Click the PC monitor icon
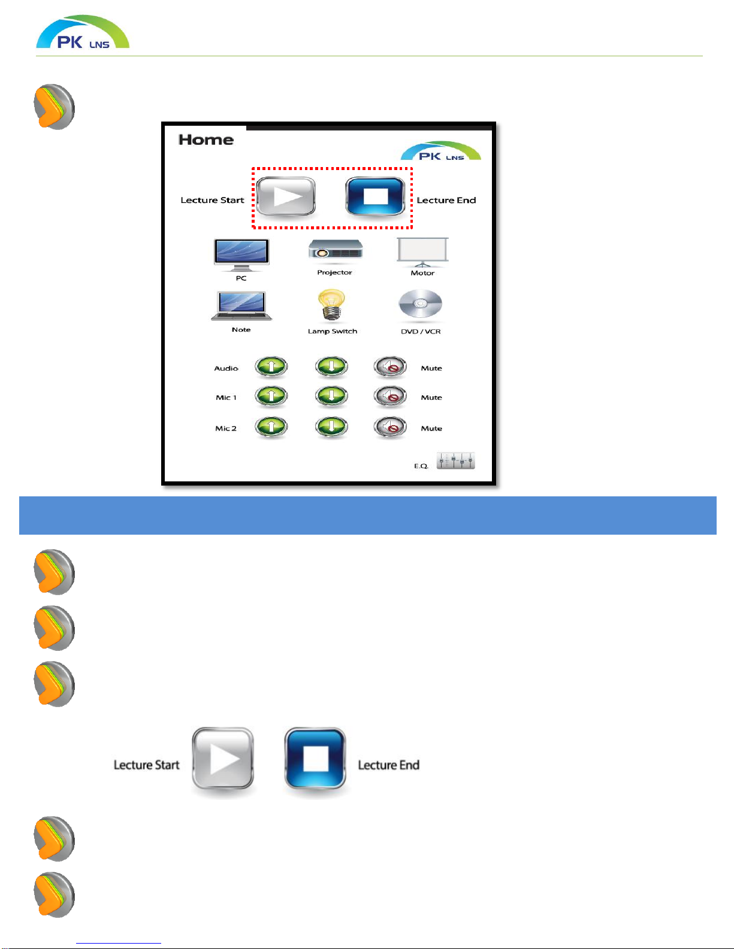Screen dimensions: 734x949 click(241, 255)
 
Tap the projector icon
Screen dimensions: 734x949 click(335, 250)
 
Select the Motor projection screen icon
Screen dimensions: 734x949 click(422, 252)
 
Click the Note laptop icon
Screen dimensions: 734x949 click(241, 306)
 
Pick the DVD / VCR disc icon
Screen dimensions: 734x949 click(420, 304)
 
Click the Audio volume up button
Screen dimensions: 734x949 click(271, 366)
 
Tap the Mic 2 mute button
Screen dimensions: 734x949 click(390, 427)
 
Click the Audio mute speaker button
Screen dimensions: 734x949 click(390, 367)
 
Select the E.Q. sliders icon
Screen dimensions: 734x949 click(456, 461)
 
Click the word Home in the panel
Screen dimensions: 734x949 click(206, 140)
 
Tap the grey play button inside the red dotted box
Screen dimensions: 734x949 click(286, 196)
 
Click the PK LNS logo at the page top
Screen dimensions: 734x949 click(83, 32)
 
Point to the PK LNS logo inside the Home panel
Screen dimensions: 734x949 click(441, 151)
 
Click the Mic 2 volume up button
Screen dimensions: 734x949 click(271, 427)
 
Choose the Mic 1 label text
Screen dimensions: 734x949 click(226, 398)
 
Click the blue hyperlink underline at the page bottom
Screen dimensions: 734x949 click(119, 943)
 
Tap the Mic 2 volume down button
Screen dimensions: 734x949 click(331, 427)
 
